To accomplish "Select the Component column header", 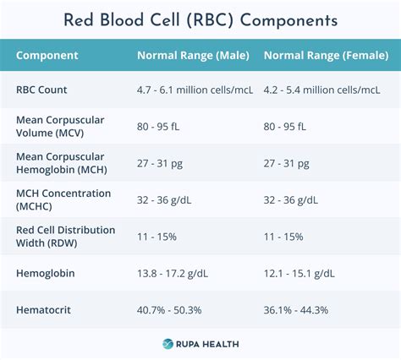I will [x=47, y=56].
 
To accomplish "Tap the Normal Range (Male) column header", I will [x=193, y=56].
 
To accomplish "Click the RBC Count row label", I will [x=42, y=90].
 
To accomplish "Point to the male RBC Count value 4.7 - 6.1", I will [x=193, y=90].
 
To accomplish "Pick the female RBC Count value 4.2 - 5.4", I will [x=321, y=90].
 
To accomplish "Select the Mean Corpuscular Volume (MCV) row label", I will [x=60, y=126].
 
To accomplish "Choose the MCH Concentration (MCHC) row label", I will [x=63, y=199].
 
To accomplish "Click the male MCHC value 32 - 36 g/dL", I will [x=168, y=200].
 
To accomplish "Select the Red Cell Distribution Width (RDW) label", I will [x=60, y=237].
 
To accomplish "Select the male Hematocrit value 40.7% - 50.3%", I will [x=175, y=310].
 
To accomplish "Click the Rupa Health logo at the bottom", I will [x=200, y=343].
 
